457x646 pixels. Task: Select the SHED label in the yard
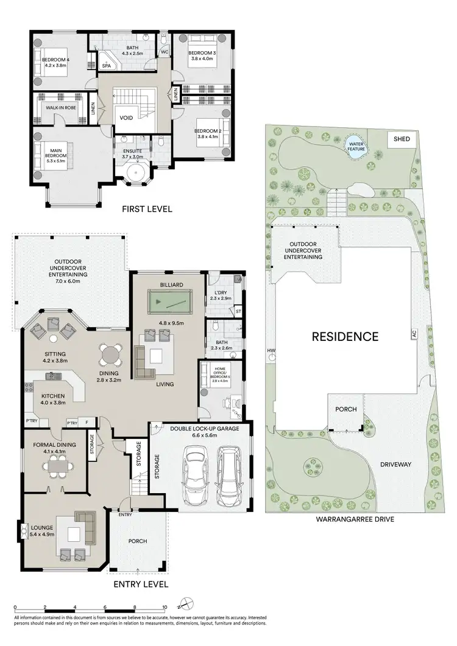coord(402,139)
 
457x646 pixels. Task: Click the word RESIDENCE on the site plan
coord(345,336)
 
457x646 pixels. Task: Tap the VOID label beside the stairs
coord(126,118)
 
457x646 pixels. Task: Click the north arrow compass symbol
coord(187,605)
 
